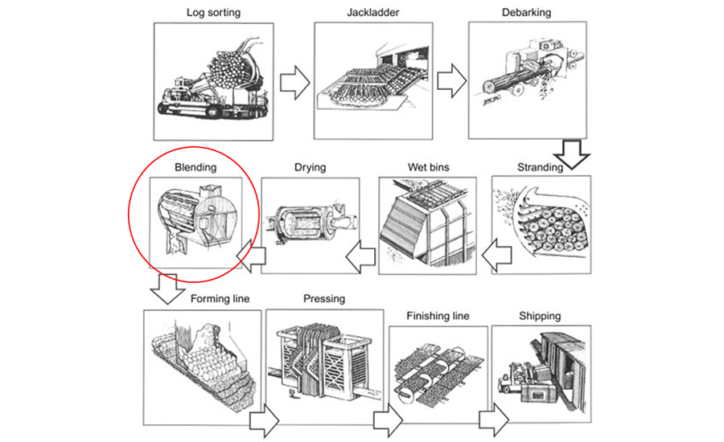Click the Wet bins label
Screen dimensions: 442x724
pyautogui.click(x=429, y=167)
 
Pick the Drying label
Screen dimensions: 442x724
pyautogui.click(x=310, y=167)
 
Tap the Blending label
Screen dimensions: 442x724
pyautogui.click(x=196, y=167)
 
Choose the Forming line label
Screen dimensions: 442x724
pyautogui.click(x=220, y=299)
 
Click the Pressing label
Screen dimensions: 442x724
pyautogui.click(x=324, y=299)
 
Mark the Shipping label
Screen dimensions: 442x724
pyautogui.click(x=540, y=316)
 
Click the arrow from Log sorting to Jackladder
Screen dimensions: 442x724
pyautogui.click(x=293, y=82)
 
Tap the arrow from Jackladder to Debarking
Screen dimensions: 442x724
pyautogui.click(x=450, y=82)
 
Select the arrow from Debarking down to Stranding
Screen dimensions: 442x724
pyautogui.click(x=574, y=153)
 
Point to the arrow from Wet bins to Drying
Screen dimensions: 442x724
pyautogui.click(x=362, y=255)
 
